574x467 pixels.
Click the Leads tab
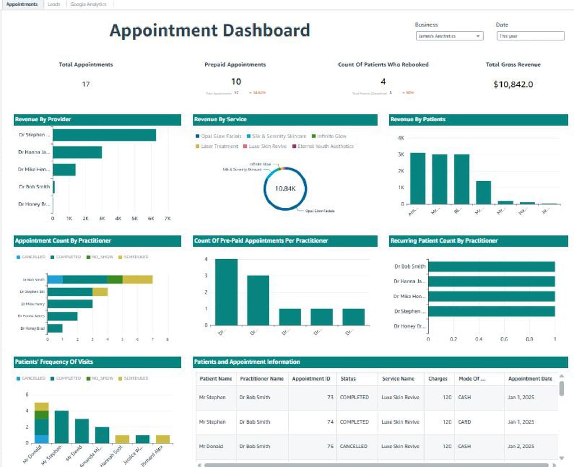click(x=54, y=4)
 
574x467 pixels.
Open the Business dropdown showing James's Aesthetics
click(x=449, y=36)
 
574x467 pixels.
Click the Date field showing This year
click(x=530, y=36)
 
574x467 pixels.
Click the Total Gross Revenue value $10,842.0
click(x=513, y=85)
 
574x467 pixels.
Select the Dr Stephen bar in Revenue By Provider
click(x=104, y=135)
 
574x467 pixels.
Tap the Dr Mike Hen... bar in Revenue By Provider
click(x=64, y=169)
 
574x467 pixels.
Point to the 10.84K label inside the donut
click(x=285, y=188)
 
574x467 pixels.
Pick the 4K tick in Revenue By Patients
click(x=401, y=138)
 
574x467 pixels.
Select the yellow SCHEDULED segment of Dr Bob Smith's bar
click(x=137, y=279)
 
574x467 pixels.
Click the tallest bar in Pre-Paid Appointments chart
click(x=226, y=292)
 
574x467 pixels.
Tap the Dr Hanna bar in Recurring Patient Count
click(x=491, y=281)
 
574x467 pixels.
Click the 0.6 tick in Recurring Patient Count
click(x=504, y=339)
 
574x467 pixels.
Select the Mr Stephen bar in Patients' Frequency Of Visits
click(x=61, y=427)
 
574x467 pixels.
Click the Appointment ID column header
click(x=311, y=378)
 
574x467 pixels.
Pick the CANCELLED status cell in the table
click(x=354, y=446)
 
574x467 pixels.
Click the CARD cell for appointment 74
click(x=464, y=422)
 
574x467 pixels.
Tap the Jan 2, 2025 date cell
click(x=521, y=446)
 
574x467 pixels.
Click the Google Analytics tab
click(x=88, y=4)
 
